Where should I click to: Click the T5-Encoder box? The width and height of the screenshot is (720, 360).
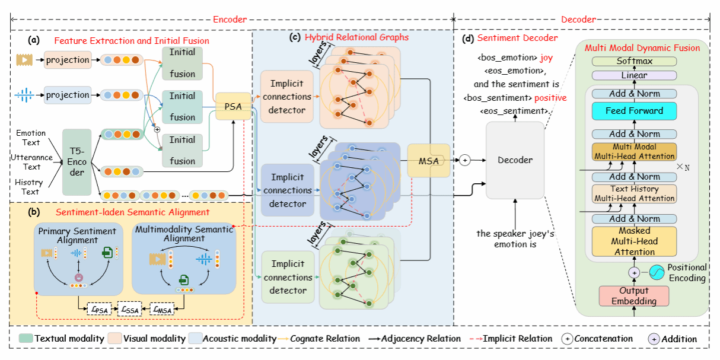(77, 162)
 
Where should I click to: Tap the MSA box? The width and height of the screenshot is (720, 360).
(429, 160)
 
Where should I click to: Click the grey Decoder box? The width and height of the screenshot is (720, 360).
(515, 160)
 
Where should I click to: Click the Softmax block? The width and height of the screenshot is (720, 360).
(635, 61)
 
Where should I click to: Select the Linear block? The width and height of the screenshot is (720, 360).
(635, 75)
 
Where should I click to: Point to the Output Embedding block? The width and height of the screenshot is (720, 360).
(633, 296)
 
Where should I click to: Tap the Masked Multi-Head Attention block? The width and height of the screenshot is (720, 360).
(634, 241)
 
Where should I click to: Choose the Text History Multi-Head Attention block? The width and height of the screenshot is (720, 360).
(634, 194)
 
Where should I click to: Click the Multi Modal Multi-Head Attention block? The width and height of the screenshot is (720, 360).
(635, 151)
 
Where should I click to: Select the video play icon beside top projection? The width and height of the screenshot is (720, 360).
(24, 60)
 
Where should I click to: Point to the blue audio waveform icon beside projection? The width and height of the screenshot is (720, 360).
(24, 94)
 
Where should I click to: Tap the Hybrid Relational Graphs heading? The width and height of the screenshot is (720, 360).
(356, 37)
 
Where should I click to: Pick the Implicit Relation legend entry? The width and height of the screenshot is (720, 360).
(508, 339)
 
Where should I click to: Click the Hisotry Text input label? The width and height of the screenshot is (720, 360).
(27, 186)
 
